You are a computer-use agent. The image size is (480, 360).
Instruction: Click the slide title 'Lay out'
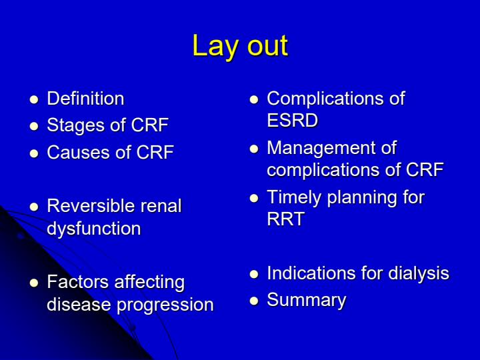(x=240, y=46)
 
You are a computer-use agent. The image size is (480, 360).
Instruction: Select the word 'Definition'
(x=85, y=99)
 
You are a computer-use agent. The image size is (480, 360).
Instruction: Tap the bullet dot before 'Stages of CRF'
(x=33, y=126)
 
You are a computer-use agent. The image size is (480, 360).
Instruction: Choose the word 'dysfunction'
(x=93, y=229)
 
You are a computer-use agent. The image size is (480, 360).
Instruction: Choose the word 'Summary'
(x=306, y=300)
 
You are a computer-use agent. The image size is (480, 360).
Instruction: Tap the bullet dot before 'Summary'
(x=253, y=301)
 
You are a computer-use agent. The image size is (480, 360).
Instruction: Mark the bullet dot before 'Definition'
(x=33, y=99)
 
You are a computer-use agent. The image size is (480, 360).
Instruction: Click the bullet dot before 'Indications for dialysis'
(x=253, y=274)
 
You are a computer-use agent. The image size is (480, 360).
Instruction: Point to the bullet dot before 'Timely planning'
(x=253, y=198)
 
